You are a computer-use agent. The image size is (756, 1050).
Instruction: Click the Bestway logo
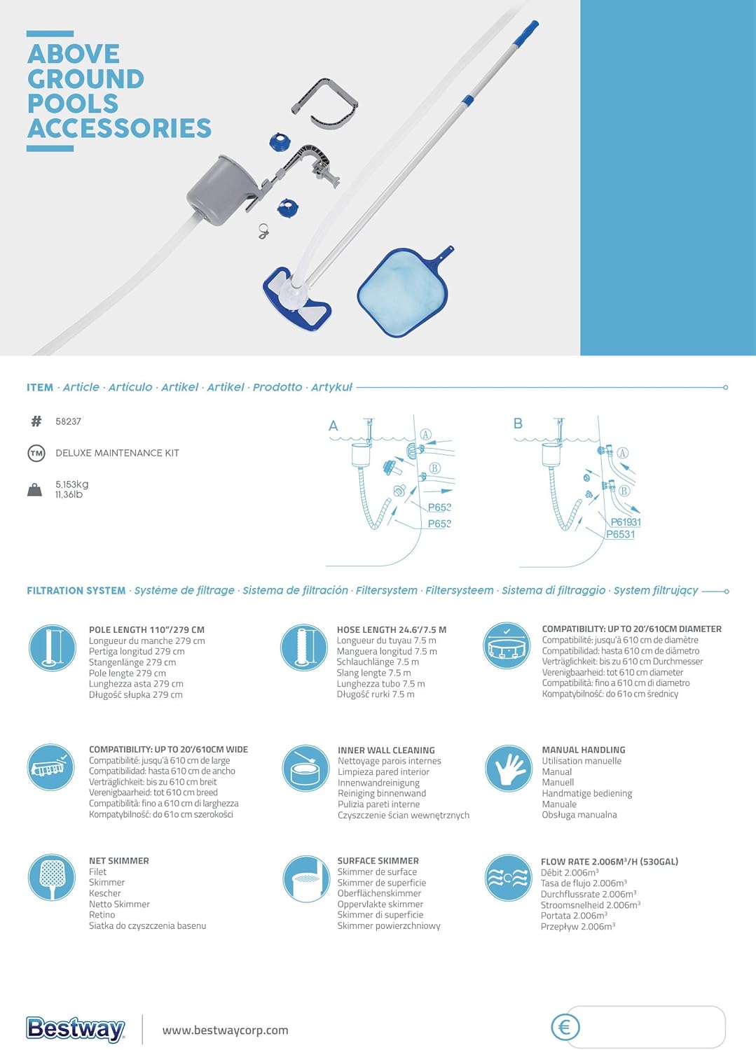click(75, 1030)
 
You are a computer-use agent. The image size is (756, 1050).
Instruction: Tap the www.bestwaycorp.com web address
click(225, 1030)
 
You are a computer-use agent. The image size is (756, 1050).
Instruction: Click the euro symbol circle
click(565, 1028)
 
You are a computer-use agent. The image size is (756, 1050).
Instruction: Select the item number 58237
click(68, 421)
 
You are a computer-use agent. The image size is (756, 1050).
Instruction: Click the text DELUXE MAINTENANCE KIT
click(117, 453)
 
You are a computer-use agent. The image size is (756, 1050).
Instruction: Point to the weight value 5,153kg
click(71, 484)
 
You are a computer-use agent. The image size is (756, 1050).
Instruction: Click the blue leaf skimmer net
click(404, 290)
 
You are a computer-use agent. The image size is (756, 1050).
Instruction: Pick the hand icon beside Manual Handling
click(508, 769)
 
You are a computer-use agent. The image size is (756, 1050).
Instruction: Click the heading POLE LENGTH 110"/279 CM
click(147, 629)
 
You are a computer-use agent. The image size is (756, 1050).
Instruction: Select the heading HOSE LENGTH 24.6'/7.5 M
click(392, 629)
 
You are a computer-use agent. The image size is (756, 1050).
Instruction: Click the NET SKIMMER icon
click(52, 876)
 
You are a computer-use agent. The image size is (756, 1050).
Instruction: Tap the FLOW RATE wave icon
click(508, 877)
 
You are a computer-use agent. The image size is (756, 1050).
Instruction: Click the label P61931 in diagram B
click(626, 522)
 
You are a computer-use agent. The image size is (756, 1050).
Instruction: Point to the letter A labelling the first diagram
click(334, 426)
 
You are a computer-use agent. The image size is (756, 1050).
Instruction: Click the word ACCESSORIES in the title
click(119, 128)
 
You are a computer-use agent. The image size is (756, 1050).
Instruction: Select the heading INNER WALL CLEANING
click(386, 750)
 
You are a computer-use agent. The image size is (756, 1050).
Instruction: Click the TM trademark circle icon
click(36, 454)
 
